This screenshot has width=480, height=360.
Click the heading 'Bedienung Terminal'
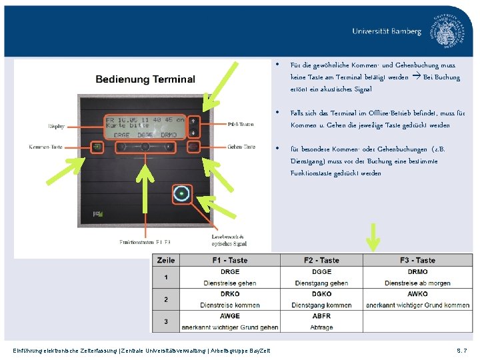145,79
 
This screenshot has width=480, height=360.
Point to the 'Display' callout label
57,126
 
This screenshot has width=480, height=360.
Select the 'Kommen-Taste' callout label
45,147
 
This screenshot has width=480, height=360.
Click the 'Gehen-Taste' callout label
241,147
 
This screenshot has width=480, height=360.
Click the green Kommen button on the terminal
97,147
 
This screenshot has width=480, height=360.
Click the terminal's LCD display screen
145,124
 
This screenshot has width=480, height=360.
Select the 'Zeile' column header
167,260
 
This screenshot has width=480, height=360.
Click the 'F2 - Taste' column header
321,260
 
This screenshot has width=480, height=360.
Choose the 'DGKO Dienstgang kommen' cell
321,299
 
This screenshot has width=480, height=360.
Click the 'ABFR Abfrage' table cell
321,321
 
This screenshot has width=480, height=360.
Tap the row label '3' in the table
167,321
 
